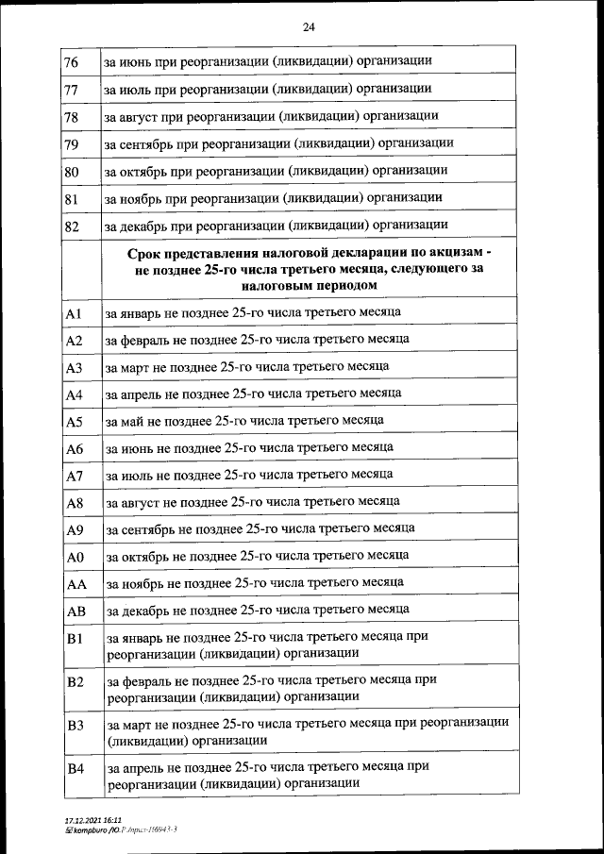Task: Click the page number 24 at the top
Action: pos(308,26)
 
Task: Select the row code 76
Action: pos(71,62)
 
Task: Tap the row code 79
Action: pos(71,144)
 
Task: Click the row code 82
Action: pos(71,226)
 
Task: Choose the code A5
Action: pos(75,422)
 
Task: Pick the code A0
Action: pos(75,558)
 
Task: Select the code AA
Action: pos(76,585)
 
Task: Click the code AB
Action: pos(76,611)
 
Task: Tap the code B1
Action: pos(75,639)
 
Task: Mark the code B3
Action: pos(75,725)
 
